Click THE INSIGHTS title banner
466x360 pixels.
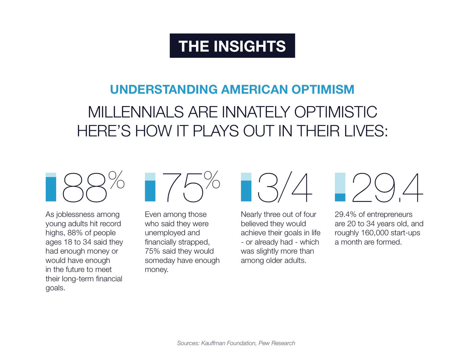tap(232, 46)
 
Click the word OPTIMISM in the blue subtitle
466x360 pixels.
tap(323, 89)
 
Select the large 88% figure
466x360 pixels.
tap(93, 187)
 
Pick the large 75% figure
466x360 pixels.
tap(191, 187)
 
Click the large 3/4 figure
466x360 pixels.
tap(285, 188)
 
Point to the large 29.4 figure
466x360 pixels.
tap(387, 188)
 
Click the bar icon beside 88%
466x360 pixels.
tap(51, 187)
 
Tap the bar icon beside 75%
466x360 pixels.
tap(150, 187)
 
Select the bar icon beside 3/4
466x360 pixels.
tap(246, 187)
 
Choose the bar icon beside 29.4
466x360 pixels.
tap(340, 187)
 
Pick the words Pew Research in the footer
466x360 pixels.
tap(277, 343)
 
